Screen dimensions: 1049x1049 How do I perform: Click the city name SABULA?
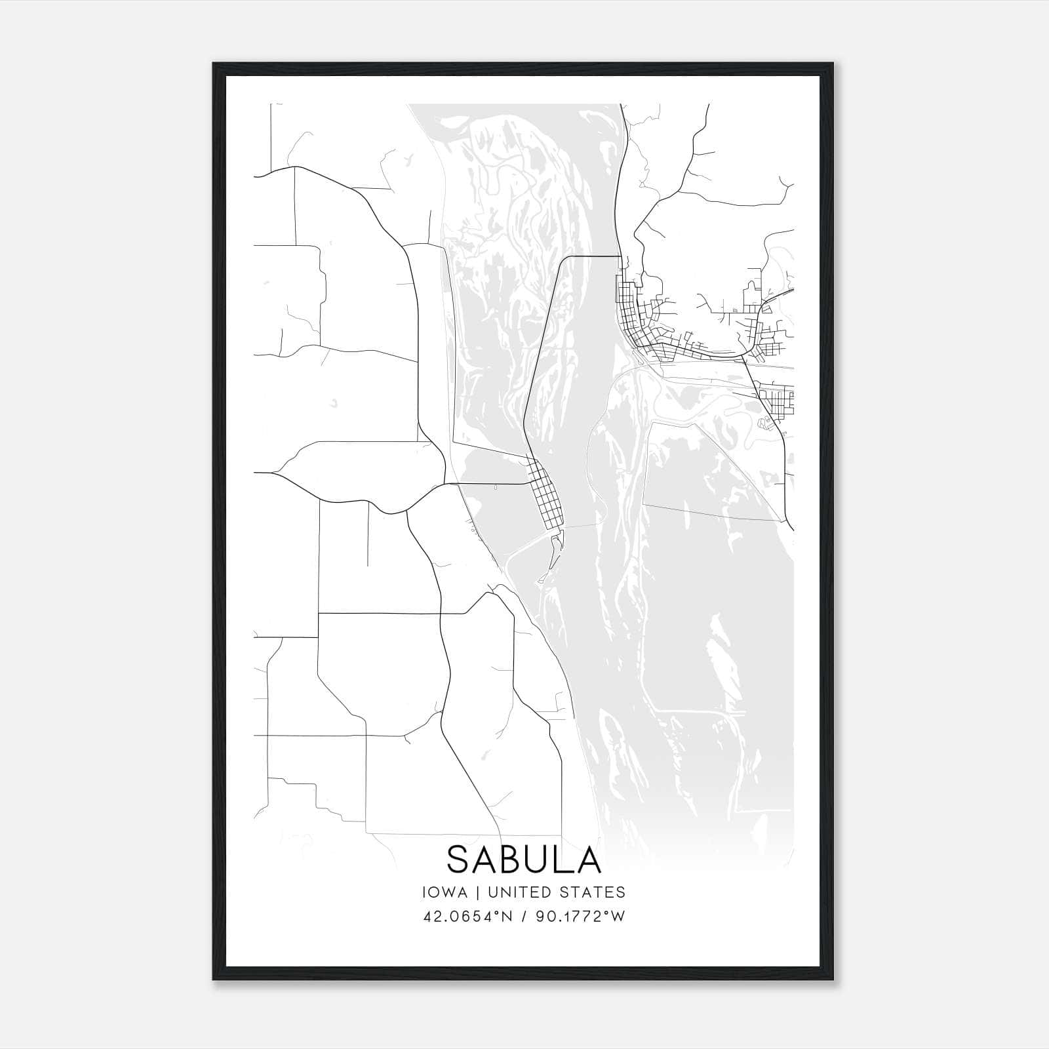tap(524, 859)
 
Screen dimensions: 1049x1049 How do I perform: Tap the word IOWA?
tap(445, 892)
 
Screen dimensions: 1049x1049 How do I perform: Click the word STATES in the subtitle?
tap(593, 892)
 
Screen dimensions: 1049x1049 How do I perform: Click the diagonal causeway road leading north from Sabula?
tap(541, 354)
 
